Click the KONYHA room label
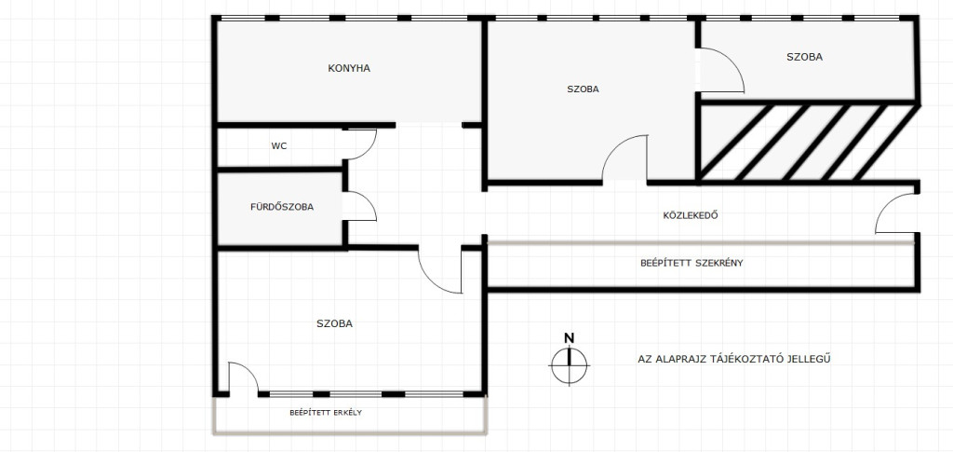349,68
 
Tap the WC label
279,146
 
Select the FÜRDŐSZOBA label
282,207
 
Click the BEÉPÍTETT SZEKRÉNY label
692,264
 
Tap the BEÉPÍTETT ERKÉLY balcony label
326,413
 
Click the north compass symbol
569,365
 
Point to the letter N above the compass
569,338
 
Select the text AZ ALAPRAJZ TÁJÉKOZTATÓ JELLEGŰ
734,359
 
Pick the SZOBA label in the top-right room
805,57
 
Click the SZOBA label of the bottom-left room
334,323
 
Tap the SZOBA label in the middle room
583,89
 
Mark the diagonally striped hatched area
809,143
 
